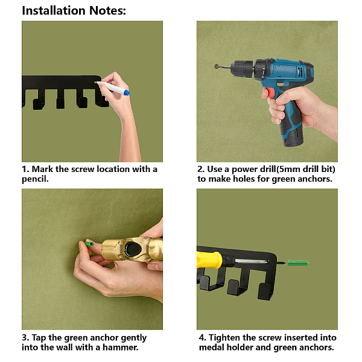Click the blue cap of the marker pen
pyautogui.click(x=127, y=93)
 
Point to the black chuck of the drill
pyautogui.click(x=243, y=68)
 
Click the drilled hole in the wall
pyautogui.click(x=217, y=66)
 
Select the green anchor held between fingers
pyautogui.click(x=89, y=244)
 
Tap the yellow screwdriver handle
pyautogui.click(x=209, y=259)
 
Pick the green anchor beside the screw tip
pyautogui.click(x=298, y=262)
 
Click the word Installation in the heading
pyautogui.click(x=54, y=11)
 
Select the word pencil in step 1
pyautogui.click(x=35, y=179)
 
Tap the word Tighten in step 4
pyautogui.click(x=224, y=338)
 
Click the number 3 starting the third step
pyautogui.click(x=25, y=338)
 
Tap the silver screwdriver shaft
pyautogui.click(x=252, y=261)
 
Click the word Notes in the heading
pyautogui.click(x=107, y=11)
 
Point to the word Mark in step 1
pyautogui.click(x=42, y=169)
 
